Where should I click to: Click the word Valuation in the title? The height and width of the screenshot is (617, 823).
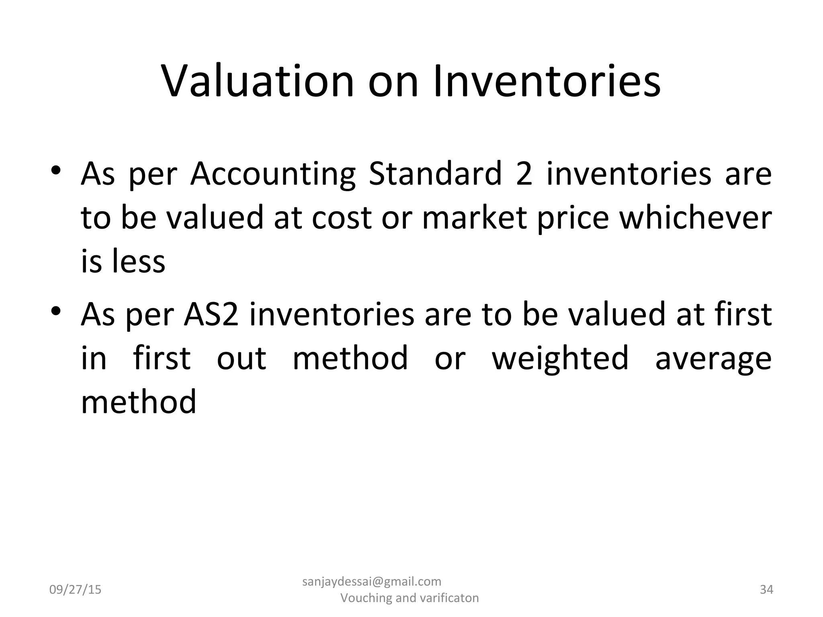coord(258,81)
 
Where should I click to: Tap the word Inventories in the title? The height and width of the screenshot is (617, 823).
coord(547,81)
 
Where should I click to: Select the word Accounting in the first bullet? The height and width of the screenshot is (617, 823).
coord(273,174)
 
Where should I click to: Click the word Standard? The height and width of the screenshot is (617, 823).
coord(436,174)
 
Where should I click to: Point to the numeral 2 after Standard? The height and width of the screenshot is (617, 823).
coord(524,174)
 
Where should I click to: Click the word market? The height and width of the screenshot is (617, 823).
coord(474,218)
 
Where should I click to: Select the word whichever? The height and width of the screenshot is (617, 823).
coord(695,218)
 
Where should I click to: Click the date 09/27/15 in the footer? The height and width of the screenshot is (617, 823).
coord(75,590)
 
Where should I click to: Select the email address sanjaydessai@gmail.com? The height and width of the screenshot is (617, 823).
coord(372,581)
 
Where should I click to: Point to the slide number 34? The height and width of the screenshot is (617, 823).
coord(766,590)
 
